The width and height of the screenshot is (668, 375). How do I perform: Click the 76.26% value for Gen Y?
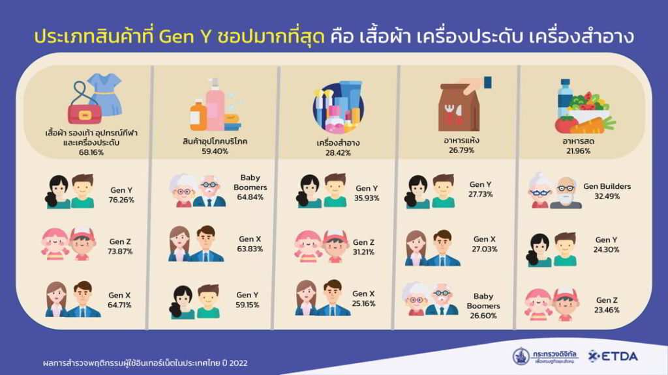[x=121, y=200]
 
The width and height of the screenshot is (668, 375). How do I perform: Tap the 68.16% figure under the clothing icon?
[x=91, y=152]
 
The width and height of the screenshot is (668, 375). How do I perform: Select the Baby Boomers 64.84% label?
[x=250, y=187]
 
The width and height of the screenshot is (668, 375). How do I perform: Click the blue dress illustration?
[x=106, y=94]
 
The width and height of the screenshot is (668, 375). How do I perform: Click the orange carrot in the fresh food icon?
[x=593, y=126]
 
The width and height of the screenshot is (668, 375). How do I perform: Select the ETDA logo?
[x=613, y=356]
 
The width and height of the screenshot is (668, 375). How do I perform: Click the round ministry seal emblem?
[x=521, y=356]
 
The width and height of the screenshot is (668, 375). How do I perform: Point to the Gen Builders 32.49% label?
[x=607, y=191]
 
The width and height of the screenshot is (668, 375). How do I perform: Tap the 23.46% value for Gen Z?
[x=607, y=310]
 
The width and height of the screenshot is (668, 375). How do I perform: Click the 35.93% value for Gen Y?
[x=367, y=198]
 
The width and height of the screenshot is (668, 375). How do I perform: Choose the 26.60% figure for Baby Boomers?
[x=483, y=316]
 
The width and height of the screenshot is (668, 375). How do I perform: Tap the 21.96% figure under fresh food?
[x=578, y=151]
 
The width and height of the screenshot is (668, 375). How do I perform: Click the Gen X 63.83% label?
[x=250, y=243]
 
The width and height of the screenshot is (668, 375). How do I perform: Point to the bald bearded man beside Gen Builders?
[x=566, y=193]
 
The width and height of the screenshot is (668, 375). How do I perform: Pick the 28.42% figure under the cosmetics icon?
[x=339, y=152]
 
